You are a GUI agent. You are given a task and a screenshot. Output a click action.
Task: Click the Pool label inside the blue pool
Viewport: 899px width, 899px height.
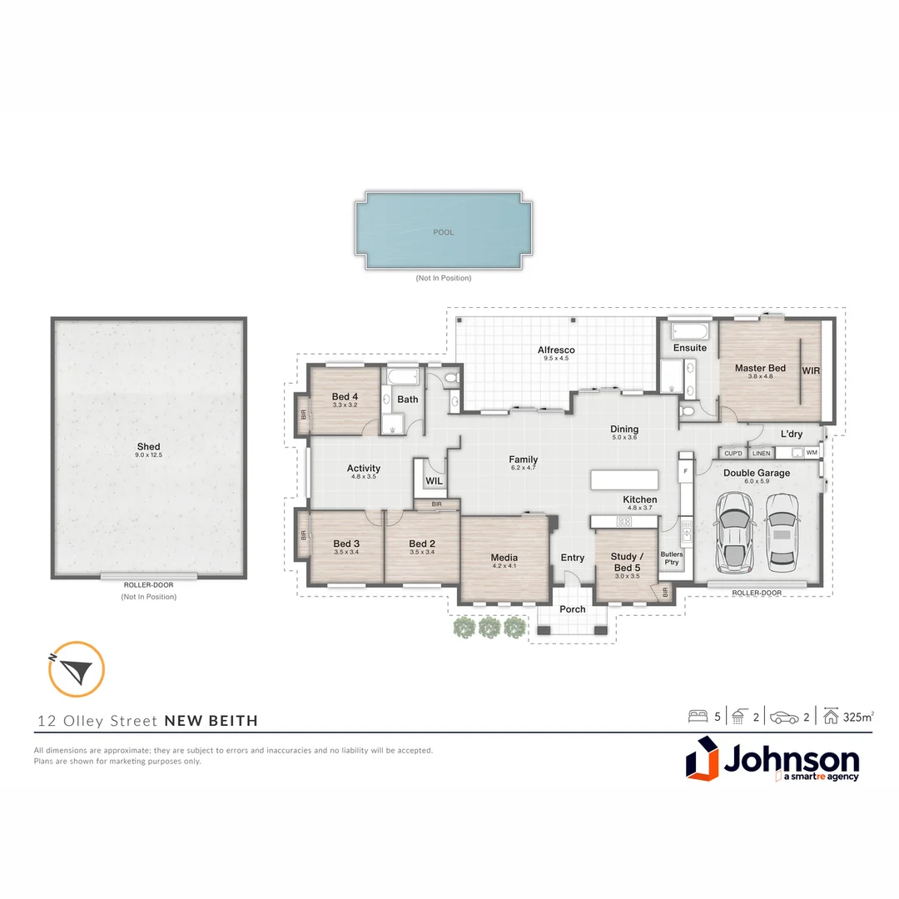pos(443,232)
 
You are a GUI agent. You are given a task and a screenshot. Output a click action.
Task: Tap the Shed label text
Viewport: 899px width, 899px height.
pos(148,447)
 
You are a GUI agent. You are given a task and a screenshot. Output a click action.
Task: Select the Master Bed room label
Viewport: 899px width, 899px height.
pos(760,368)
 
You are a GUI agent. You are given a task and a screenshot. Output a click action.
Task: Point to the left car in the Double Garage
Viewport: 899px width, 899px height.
pos(734,531)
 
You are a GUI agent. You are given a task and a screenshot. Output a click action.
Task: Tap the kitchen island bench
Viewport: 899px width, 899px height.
pos(624,480)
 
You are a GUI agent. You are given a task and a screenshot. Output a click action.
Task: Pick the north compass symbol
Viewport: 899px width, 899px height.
pos(77,669)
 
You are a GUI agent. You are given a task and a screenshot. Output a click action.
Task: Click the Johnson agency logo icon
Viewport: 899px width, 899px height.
pos(702,758)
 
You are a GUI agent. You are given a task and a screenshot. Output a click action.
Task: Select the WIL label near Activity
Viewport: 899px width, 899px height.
pos(434,481)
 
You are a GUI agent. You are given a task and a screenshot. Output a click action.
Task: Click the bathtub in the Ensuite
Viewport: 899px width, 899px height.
pos(690,330)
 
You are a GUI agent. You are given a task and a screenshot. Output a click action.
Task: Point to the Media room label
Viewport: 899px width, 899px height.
pos(504,557)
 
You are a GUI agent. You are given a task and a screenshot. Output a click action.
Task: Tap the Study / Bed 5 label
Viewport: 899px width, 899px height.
pos(627,562)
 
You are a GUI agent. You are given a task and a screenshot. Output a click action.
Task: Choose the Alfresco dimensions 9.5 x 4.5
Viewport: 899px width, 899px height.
pos(556,358)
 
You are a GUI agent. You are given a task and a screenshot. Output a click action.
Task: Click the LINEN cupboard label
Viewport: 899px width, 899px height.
pos(762,453)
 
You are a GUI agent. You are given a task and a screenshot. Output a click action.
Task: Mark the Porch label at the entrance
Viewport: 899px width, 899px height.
pos(573,608)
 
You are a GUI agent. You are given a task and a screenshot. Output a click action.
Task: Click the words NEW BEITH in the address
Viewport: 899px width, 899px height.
pos(211,721)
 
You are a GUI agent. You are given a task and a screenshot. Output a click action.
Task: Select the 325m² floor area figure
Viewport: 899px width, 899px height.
pos(858,717)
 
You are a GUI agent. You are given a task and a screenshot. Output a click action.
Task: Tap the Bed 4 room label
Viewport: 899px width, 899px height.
pos(345,397)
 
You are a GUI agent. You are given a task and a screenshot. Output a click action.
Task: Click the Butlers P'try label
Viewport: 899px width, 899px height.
pos(672,558)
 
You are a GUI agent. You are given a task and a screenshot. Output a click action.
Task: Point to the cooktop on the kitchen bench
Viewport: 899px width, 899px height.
pos(624,522)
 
